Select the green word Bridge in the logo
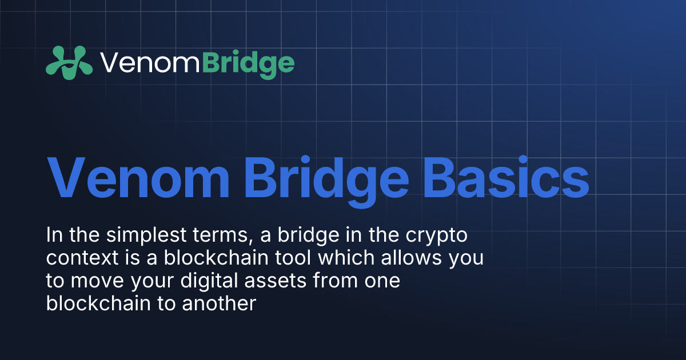[248, 63]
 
